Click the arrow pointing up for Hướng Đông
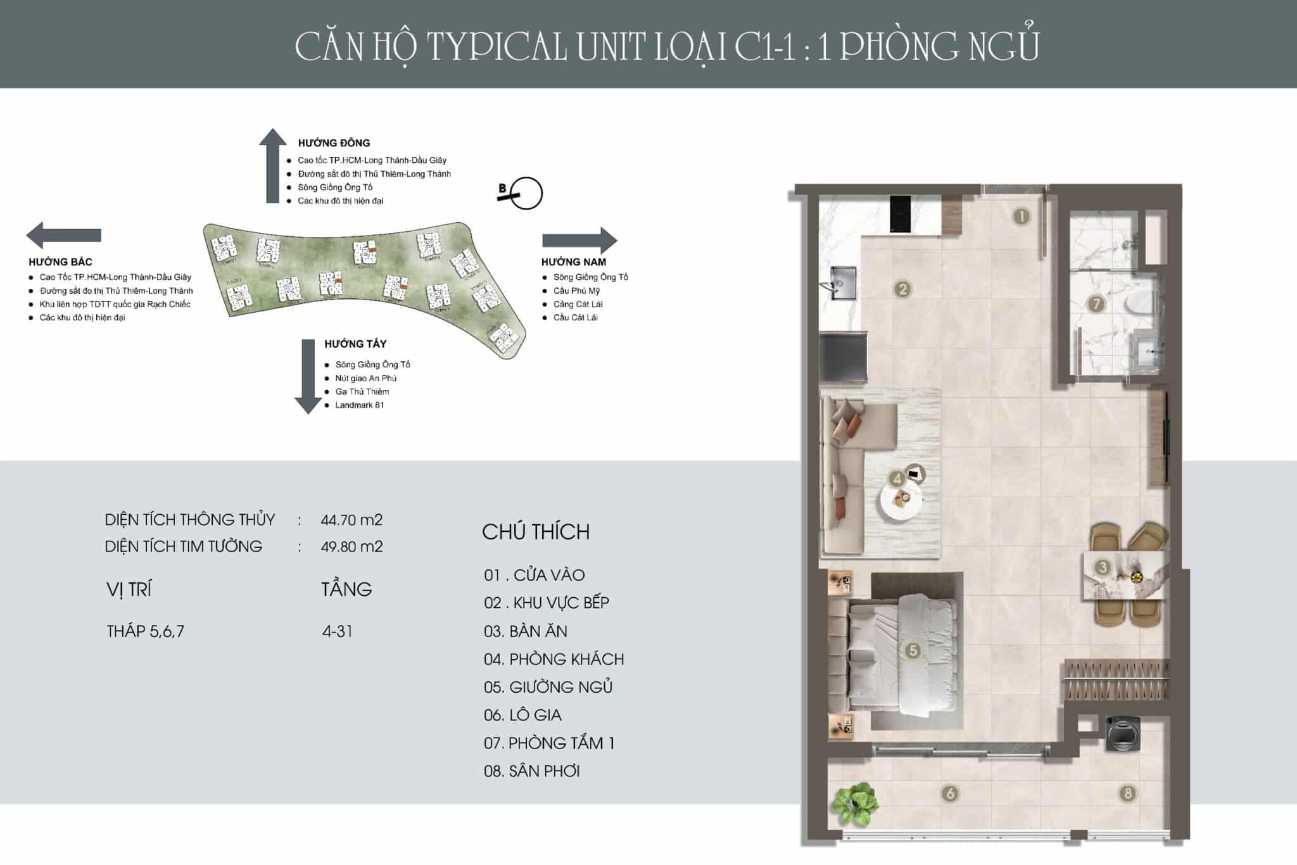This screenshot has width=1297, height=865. tap(273, 165)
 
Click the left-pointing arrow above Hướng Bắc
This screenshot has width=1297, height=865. tap(63, 235)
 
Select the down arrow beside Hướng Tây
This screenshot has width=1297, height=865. tap(308, 376)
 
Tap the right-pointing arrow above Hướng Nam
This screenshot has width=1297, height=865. tap(579, 240)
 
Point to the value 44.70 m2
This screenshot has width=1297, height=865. tap(351, 520)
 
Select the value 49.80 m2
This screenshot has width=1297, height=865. tap(351, 546)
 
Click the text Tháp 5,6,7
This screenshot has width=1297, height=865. tap(146, 631)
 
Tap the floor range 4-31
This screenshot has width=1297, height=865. tap(337, 631)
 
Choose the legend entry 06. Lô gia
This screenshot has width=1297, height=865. tap(522, 715)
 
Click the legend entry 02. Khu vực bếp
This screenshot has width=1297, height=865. tap(546, 602)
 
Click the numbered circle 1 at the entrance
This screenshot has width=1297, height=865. tap(1021, 217)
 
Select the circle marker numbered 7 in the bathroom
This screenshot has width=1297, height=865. tap(1096, 304)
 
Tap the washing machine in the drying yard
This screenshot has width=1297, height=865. tap(1123, 733)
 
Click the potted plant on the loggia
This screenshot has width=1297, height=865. tap(855, 804)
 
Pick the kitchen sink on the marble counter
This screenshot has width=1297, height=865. tap(843, 283)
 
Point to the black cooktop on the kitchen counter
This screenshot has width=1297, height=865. tap(901, 214)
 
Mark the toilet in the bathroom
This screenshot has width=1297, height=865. tap(1141, 303)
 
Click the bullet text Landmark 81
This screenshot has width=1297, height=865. tap(359, 405)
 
